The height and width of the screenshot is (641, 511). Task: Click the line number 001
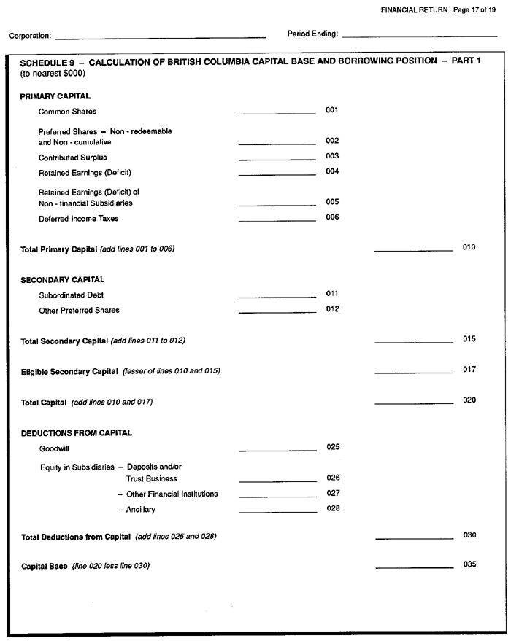pyautogui.click(x=332, y=110)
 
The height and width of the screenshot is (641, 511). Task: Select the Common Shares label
pyautogui.click(x=67, y=112)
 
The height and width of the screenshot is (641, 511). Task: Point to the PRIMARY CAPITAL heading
pyautogui.click(x=55, y=96)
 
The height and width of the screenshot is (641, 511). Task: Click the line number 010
pyautogui.click(x=469, y=247)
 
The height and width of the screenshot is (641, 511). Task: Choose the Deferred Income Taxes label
pyautogui.click(x=78, y=218)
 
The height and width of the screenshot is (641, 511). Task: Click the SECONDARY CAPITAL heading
pyautogui.click(x=63, y=279)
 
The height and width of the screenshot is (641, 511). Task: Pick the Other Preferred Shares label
pyautogui.click(x=79, y=311)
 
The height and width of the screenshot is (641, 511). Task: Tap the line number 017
pyautogui.click(x=469, y=370)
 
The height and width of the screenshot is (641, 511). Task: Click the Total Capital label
pyautogui.click(x=44, y=403)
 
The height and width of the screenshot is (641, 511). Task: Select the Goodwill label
pyautogui.click(x=55, y=449)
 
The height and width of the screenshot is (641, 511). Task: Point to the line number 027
pyautogui.click(x=333, y=493)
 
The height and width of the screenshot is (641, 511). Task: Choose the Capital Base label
pyautogui.click(x=44, y=566)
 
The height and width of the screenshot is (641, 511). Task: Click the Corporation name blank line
pyautogui.click(x=160, y=35)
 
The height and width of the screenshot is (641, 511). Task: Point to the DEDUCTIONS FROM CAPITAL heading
pyautogui.click(x=76, y=433)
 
